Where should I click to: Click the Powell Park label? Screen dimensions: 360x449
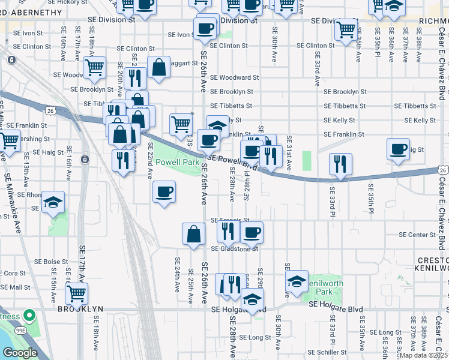coord(177,163)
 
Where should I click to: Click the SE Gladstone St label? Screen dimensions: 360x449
coord(234,248)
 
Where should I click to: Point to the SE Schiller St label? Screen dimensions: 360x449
coord(327,352)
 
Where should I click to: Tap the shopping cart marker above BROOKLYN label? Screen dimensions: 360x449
coord(77,294)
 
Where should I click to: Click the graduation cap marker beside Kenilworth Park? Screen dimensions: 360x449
coord(297,282)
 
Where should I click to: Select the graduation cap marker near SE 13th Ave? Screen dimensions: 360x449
coord(53,203)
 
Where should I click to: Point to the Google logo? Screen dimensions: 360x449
coord(20,353)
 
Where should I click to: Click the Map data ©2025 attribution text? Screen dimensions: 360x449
coord(423,355)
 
